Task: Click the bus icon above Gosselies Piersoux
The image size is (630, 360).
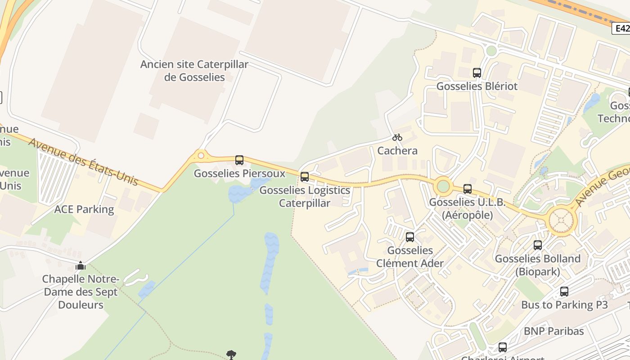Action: pos(239,160)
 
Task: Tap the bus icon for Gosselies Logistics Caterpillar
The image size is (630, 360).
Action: pos(305,176)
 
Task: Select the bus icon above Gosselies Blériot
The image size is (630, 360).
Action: pos(477,72)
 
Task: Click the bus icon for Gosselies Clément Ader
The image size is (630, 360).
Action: pos(410,237)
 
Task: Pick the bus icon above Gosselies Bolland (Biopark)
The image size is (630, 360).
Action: pos(538,245)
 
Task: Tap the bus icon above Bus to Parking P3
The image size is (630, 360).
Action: pos(564,291)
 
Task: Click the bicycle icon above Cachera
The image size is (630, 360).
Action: pos(397,137)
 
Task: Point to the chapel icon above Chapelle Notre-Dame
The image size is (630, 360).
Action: pos(81,265)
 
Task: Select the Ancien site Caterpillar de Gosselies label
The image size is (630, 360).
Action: pos(194,71)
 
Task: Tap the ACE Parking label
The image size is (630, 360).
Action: pos(84,209)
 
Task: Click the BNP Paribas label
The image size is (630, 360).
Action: pos(554,331)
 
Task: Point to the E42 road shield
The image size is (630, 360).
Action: pos(622,29)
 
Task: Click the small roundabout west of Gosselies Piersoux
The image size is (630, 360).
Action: pos(201,156)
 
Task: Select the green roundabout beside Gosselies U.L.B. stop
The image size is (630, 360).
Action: pos(443,185)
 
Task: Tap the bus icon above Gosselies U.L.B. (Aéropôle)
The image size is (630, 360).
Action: pos(468,189)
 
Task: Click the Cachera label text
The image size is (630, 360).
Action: pos(397,151)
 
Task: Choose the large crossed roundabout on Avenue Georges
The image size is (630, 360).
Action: pos(562,221)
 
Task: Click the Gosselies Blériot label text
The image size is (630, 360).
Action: pos(477,86)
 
